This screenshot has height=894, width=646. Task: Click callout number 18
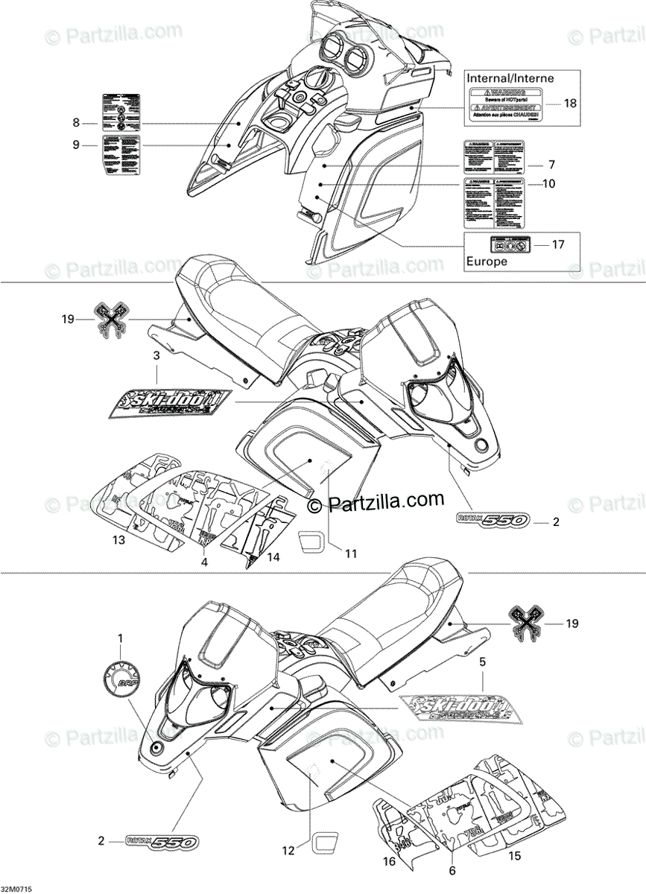(570, 104)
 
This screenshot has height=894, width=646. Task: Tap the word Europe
(487, 261)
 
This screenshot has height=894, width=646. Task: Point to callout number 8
(75, 122)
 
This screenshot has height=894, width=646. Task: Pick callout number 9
(75, 145)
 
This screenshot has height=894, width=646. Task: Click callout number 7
(551, 163)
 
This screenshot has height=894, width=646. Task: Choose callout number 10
(549, 184)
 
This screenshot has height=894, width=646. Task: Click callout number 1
(121, 638)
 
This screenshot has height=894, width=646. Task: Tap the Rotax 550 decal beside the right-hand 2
(489, 521)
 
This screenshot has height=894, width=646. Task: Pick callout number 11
(351, 552)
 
